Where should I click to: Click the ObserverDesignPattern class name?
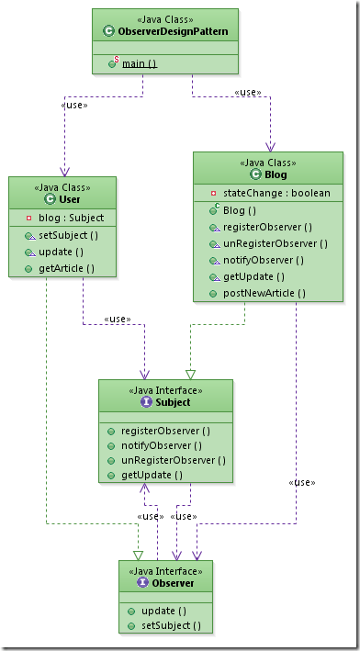coord(173,31)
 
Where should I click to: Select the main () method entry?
coord(140,64)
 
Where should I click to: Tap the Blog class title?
coord(276,174)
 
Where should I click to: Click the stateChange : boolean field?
coord(276,193)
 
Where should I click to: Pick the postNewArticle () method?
coord(264,294)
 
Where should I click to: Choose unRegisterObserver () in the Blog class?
coord(276,243)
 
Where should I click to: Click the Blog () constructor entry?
coord(240,210)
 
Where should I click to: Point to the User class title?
coord(70,199)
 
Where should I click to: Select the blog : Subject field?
coord(71,218)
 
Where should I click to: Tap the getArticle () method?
coord(66,269)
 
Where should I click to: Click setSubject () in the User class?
coord(68,235)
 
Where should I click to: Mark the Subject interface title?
coord(173,402)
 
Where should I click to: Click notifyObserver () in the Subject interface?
coord(161,446)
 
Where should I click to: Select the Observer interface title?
coord(173,583)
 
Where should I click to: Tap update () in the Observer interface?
coord(164,612)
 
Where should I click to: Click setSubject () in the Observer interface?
coord(171,625)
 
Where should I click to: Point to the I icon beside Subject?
coord(147,402)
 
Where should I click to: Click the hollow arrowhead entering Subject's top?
coord(190,375)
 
